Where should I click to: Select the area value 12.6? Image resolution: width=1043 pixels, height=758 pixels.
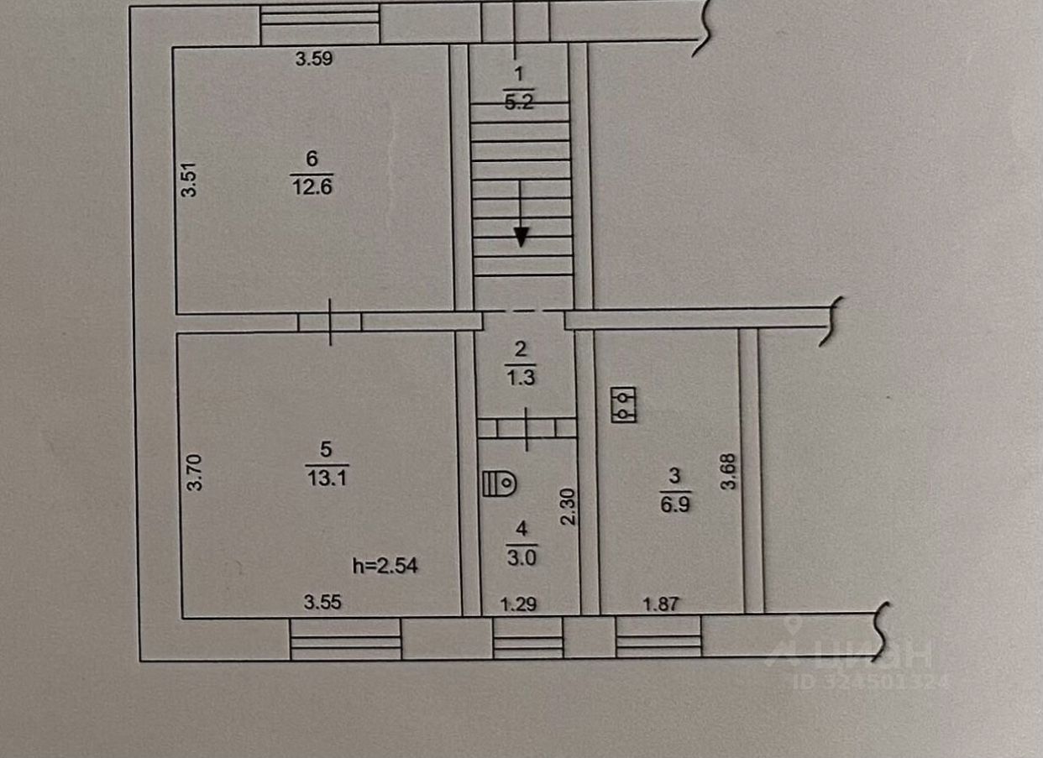point(312,186)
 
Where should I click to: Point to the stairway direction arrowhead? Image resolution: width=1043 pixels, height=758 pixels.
point(521,238)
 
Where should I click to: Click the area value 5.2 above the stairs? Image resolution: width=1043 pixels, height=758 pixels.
point(519,103)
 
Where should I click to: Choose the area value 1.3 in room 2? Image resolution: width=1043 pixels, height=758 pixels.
point(521,378)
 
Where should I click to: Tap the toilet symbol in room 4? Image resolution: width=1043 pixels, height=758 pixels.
point(501,484)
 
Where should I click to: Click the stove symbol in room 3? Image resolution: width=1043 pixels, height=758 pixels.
point(624,405)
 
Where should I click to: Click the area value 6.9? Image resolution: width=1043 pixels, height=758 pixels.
point(674,507)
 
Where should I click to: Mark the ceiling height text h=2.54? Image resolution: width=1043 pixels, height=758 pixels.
point(385,567)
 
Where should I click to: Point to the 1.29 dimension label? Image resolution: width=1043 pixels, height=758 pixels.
point(518,603)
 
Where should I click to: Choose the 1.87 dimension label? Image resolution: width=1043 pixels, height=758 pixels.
point(660,603)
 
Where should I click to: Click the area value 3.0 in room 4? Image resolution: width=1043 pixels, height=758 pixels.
point(521,558)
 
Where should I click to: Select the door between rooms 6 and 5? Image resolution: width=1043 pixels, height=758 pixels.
point(330,322)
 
